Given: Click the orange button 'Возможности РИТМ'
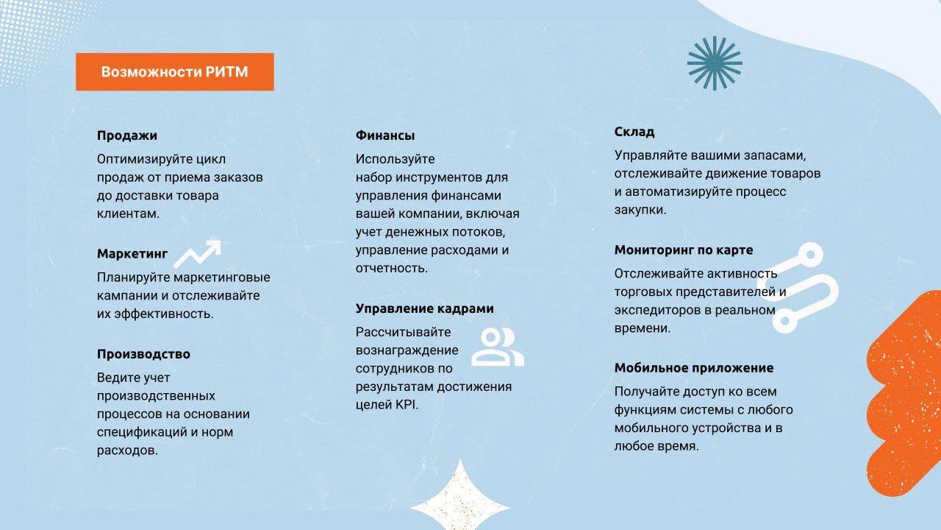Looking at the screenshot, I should [174, 71].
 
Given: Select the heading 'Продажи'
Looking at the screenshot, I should [127, 135].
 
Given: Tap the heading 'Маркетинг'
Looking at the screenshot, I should [132, 254].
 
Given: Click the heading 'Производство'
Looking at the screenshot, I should [143, 354].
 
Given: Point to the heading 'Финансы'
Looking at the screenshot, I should [385, 135].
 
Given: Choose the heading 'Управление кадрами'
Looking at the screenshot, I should [425, 308].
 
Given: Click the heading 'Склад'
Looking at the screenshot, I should [634, 132].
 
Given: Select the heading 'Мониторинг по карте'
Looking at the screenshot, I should [684, 250].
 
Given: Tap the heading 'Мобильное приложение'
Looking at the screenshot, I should [694, 368].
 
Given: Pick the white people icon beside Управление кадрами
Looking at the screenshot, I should [497, 347].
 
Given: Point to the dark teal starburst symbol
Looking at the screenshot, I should [715, 63].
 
